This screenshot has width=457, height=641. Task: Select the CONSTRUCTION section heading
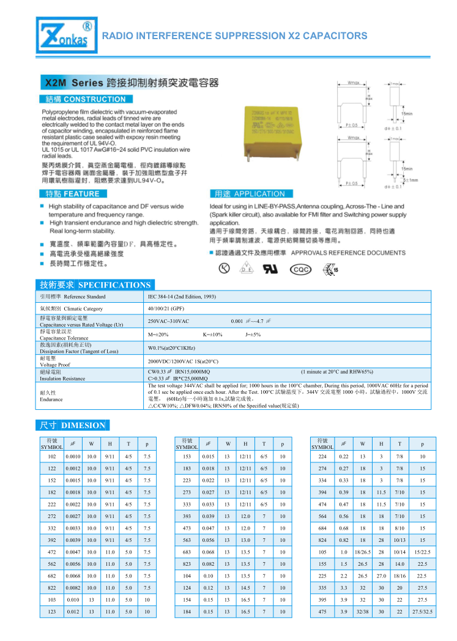(x=85, y=99)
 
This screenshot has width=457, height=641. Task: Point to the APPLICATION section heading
(x=250, y=194)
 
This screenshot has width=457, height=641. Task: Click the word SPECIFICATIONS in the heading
(x=114, y=285)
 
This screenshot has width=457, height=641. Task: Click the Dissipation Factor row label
(x=79, y=351)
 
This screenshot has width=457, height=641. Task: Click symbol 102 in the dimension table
(x=52, y=456)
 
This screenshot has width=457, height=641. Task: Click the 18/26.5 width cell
(x=363, y=552)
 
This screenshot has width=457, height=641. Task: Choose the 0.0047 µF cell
(x=73, y=552)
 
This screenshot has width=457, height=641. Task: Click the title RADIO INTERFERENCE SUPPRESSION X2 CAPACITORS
(x=234, y=35)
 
